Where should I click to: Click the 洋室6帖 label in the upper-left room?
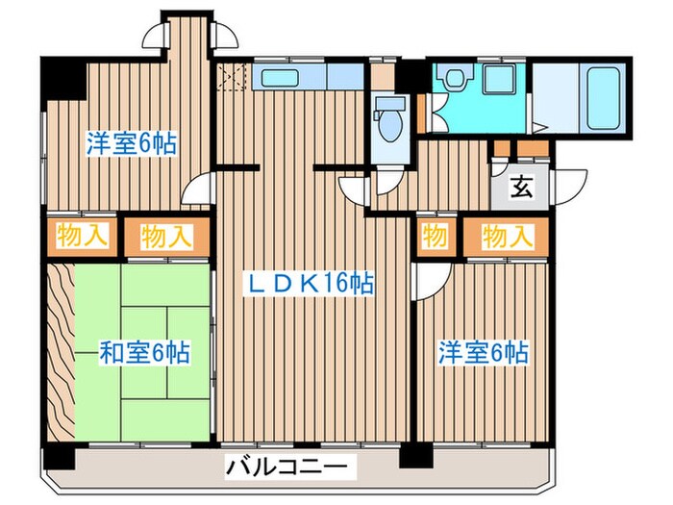click(x=131, y=143)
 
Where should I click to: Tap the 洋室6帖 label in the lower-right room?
click(x=484, y=352)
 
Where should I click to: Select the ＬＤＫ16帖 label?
click(x=307, y=284)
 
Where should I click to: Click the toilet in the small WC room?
click(x=391, y=119)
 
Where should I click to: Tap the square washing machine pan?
click(x=499, y=80)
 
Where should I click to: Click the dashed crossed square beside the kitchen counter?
click(x=232, y=77)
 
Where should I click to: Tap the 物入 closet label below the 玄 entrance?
click(x=506, y=235)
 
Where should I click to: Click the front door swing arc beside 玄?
click(x=576, y=184)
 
